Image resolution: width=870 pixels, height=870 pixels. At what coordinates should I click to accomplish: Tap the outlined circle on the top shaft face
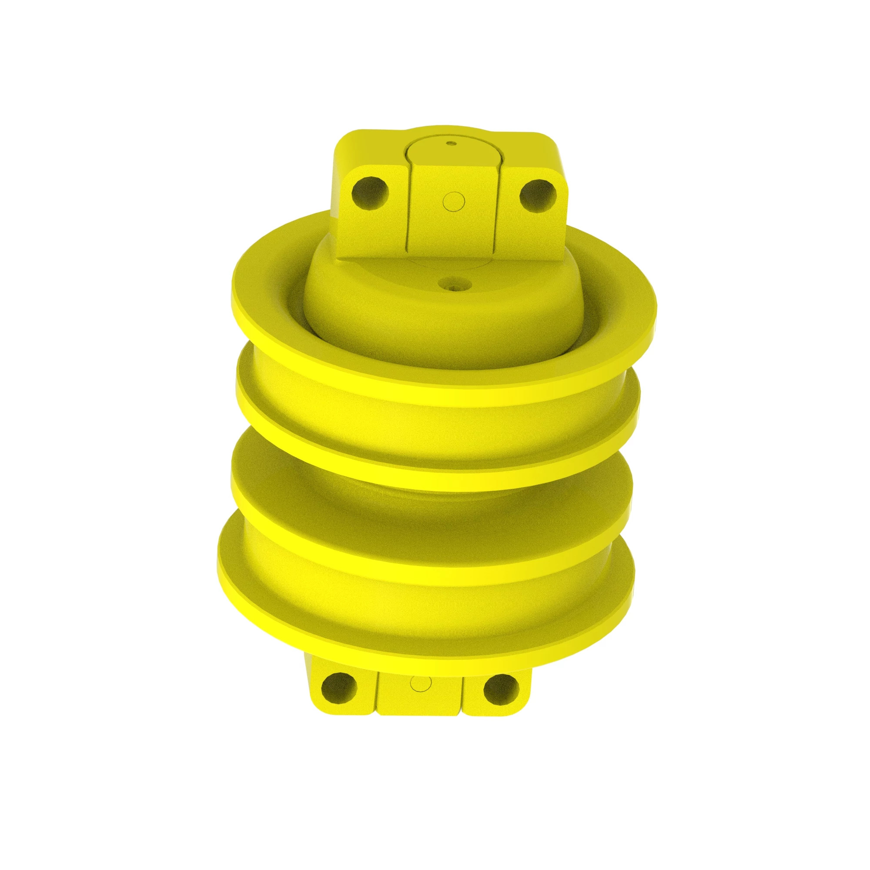pyautogui.click(x=453, y=201)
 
